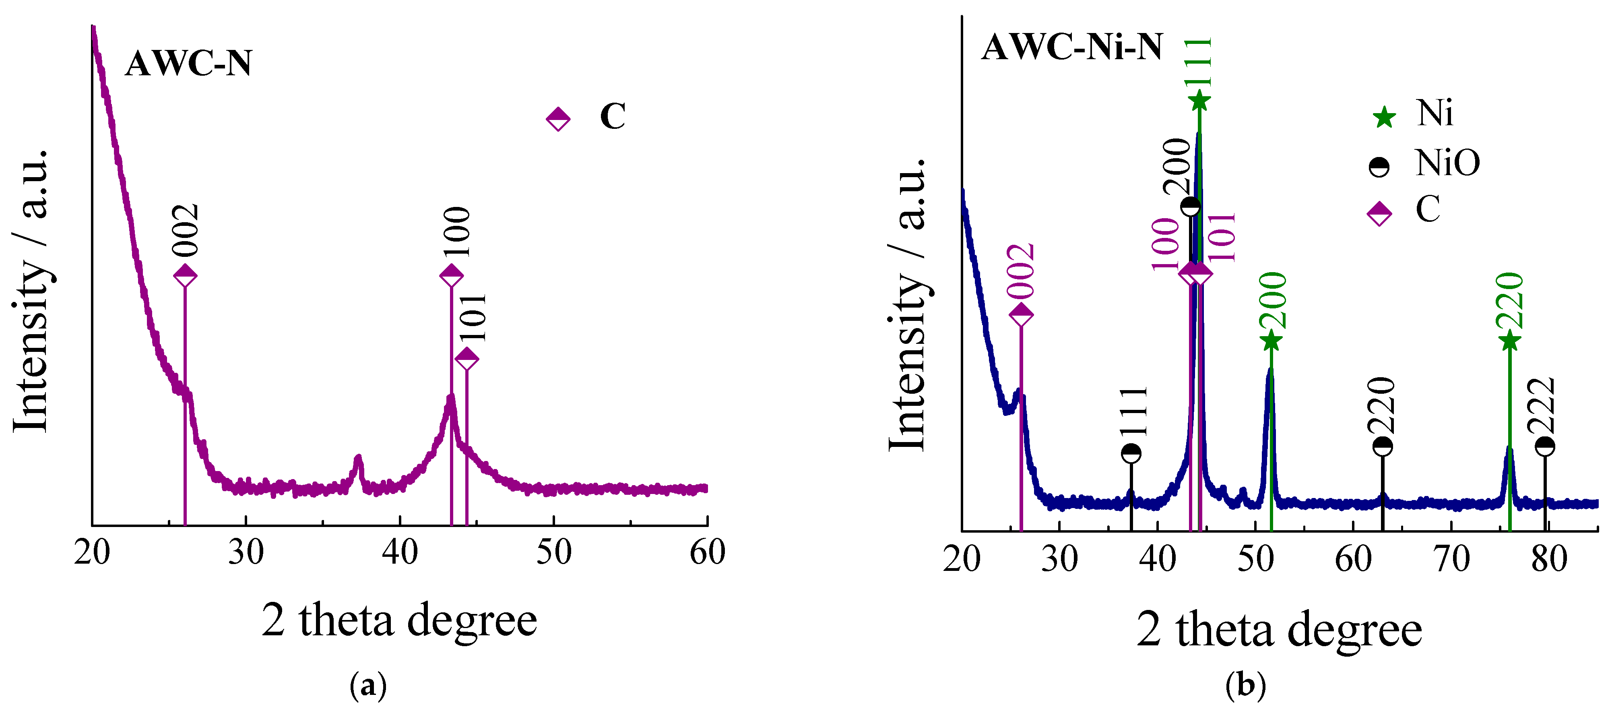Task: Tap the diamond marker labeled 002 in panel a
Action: [x=185, y=275]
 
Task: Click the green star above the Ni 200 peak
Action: [x=1271, y=341]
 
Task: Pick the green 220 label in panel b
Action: [x=1511, y=301]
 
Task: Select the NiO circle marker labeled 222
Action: [x=1544, y=446]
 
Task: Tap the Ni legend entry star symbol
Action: [x=1384, y=117]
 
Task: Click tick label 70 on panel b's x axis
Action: [x=1451, y=559]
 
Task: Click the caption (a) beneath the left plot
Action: [x=368, y=686]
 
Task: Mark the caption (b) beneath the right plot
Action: [x=1246, y=686]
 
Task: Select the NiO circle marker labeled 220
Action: [x=1383, y=446]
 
